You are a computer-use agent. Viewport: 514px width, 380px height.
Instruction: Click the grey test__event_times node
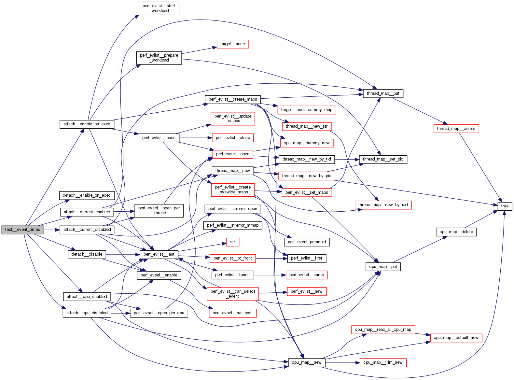click(22, 230)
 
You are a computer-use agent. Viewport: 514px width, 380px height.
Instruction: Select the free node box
click(505, 206)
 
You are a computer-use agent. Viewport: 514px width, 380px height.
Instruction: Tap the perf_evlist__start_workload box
click(159, 8)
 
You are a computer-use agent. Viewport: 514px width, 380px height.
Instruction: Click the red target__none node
click(232, 44)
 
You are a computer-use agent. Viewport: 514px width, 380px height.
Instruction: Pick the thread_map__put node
click(383, 93)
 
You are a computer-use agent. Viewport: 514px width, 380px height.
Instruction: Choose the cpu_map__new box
click(306, 362)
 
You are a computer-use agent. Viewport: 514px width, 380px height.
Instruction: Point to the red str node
click(232, 242)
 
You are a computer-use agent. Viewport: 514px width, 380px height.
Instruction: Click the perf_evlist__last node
click(159, 254)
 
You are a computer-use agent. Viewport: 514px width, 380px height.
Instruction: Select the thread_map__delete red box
click(456, 129)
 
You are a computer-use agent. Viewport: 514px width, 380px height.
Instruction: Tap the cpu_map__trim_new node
click(383, 362)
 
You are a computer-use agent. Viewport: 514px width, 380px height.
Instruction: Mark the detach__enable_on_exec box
click(87, 195)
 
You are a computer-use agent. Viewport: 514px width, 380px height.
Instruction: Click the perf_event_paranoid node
click(307, 242)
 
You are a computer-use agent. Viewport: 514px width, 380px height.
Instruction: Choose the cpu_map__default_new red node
click(456, 338)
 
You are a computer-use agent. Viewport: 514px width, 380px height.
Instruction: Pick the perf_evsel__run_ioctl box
click(232, 313)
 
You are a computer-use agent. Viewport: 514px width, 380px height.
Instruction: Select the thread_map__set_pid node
click(383, 159)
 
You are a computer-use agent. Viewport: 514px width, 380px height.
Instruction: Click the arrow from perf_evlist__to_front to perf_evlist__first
click(271, 259)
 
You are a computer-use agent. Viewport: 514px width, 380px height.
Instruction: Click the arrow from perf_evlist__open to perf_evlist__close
click(195, 138)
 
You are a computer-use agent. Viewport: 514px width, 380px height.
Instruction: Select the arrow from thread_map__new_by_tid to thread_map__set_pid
click(347, 159)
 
